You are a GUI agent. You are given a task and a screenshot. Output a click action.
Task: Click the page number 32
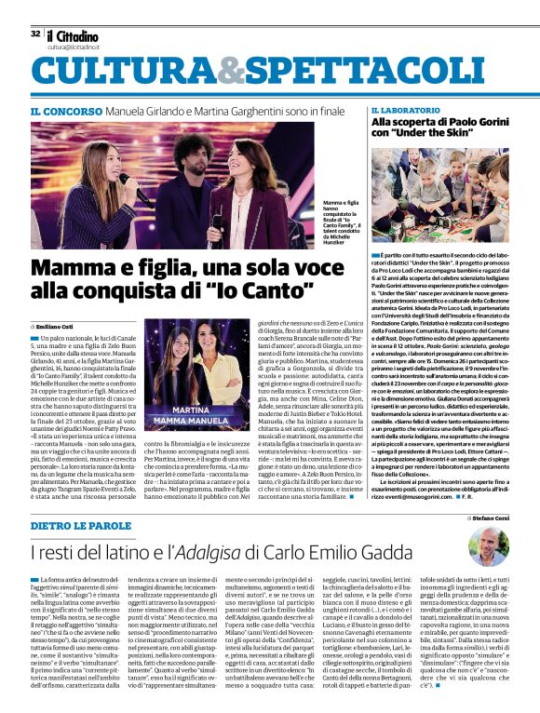pyautogui.click(x=34, y=33)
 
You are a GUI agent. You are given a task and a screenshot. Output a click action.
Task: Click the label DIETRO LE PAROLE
pyautogui.click(x=78, y=527)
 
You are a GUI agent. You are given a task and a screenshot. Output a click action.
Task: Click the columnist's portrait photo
pyautogui.click(x=489, y=547)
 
